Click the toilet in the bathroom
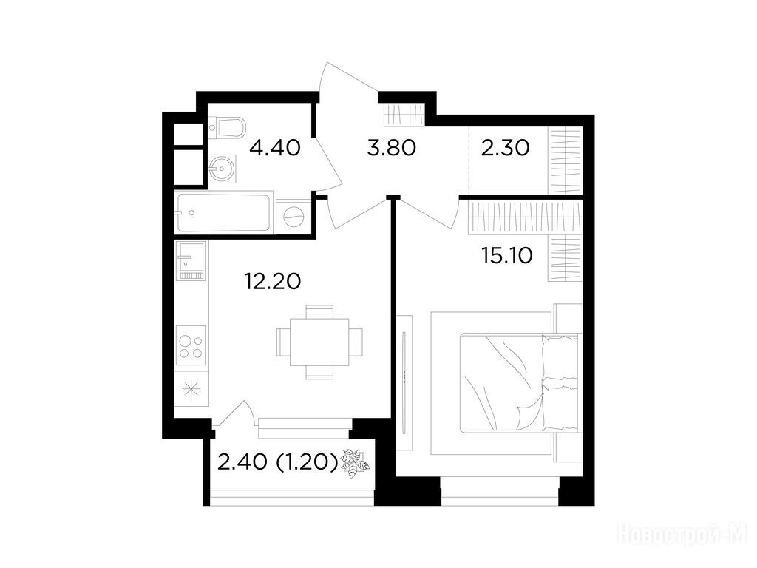pos(227,127)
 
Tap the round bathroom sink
pos(223,169)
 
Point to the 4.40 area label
pos(275,147)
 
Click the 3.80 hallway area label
pos(391,147)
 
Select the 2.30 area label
pos(505,147)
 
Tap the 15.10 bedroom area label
pos(507,255)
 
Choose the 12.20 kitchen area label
pos(273,280)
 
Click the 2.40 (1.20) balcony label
pos(277,463)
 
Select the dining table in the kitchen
pos(319,342)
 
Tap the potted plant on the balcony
pos(355,464)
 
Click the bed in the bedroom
pos(518,382)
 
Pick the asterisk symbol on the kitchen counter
pos(191,388)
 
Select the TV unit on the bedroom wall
pos(404,381)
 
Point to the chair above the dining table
pos(319,311)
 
